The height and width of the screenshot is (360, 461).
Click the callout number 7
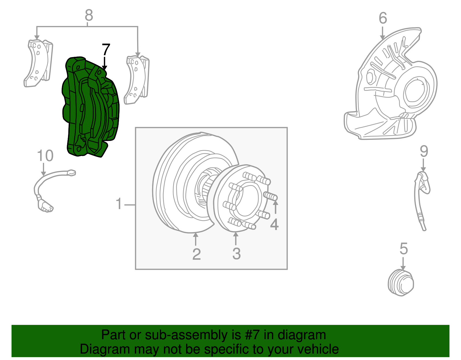coord(106,50)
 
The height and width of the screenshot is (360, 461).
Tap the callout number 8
coord(89,15)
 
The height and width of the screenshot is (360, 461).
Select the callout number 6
coord(383,18)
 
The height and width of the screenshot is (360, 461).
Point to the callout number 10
coord(45,156)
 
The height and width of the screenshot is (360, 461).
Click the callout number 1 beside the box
coord(119,204)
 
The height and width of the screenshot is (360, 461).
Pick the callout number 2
coord(196,254)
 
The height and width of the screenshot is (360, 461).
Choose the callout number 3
coord(236,254)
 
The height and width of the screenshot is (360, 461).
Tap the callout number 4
coord(274,225)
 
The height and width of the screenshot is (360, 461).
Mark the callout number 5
coord(404,248)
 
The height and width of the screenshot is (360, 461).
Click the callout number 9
coord(424,151)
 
